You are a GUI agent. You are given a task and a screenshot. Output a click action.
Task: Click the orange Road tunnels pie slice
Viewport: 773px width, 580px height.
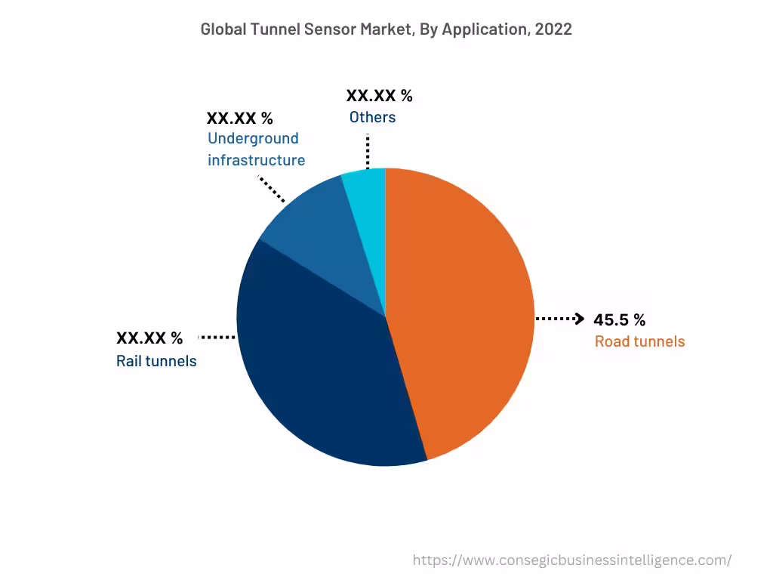(460, 310)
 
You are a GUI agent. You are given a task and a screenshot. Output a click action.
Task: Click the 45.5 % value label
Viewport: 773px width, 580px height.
(619, 319)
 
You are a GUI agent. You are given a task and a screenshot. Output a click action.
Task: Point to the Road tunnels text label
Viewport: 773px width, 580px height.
(639, 341)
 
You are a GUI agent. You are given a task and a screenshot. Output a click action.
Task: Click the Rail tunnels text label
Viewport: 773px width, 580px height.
(156, 361)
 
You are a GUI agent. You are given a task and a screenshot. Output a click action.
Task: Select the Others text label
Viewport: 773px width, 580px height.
(372, 117)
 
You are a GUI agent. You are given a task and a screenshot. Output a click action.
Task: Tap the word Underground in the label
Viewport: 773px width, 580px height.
(253, 138)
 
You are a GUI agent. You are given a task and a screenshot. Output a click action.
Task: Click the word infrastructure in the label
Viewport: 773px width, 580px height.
(256, 160)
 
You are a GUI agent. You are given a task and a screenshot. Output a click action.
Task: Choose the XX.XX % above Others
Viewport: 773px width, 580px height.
(379, 96)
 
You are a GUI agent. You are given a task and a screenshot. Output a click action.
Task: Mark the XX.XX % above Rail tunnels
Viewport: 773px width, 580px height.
(149, 337)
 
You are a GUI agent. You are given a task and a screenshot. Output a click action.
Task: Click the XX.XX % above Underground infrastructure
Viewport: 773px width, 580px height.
(240, 118)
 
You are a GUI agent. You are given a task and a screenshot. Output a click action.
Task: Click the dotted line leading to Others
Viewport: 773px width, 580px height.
(368, 152)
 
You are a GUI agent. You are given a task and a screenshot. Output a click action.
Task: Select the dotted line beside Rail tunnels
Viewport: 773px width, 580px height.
(217, 337)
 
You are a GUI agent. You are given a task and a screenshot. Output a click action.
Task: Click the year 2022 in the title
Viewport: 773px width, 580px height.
(553, 29)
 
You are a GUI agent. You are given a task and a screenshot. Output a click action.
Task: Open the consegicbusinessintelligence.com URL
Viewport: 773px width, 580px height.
(571, 560)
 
